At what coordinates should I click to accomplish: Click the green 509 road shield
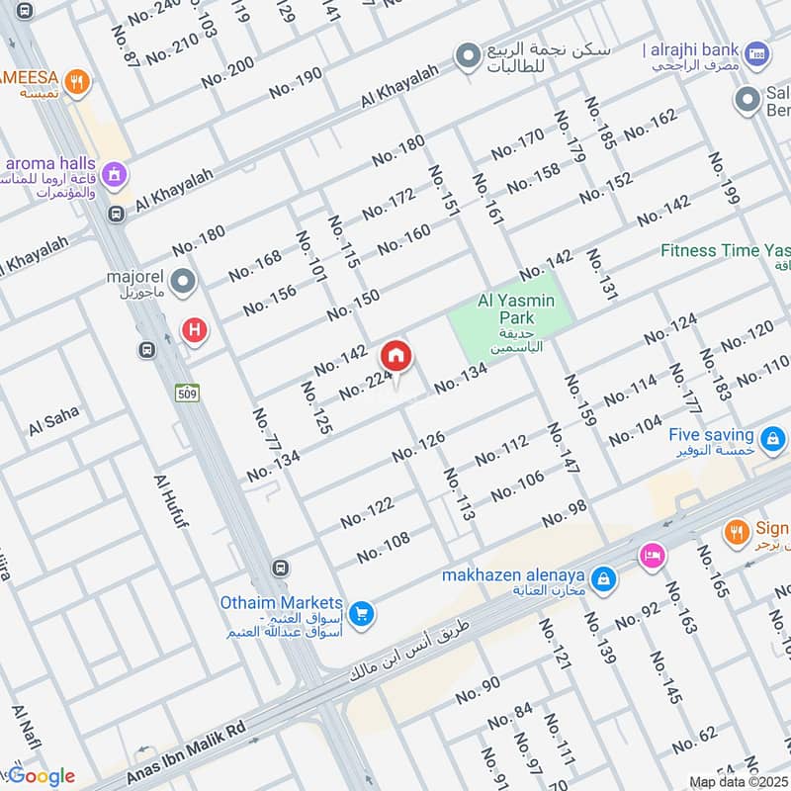(184, 393)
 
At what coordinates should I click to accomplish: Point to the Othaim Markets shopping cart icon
(362, 614)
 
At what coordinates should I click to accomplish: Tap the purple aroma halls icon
(116, 174)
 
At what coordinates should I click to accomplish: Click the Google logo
(42, 776)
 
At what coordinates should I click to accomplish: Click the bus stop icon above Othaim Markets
(282, 569)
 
